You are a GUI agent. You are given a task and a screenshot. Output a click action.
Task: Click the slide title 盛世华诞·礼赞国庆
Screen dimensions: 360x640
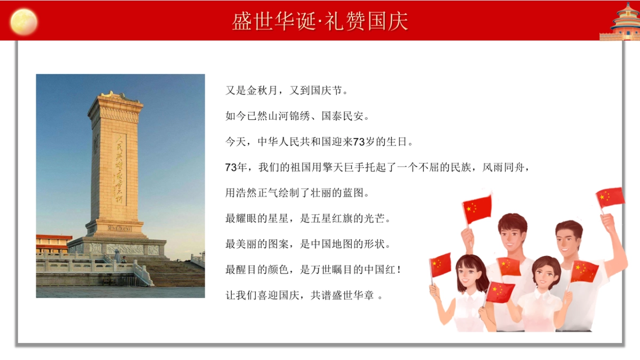point(320,21)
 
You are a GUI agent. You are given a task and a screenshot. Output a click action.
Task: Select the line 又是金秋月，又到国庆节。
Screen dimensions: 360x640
point(287,91)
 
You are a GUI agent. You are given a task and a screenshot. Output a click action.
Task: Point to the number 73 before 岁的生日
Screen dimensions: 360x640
point(359,142)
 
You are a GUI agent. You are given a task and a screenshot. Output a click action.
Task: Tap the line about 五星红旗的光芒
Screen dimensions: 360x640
point(308,218)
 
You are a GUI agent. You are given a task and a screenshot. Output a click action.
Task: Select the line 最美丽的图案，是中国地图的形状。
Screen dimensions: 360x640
point(308,244)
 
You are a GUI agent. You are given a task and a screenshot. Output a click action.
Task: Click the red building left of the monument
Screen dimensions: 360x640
point(53,243)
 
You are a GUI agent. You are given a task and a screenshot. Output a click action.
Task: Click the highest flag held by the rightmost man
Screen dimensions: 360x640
point(610,197)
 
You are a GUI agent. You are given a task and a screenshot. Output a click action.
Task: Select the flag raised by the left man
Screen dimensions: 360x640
point(477,209)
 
